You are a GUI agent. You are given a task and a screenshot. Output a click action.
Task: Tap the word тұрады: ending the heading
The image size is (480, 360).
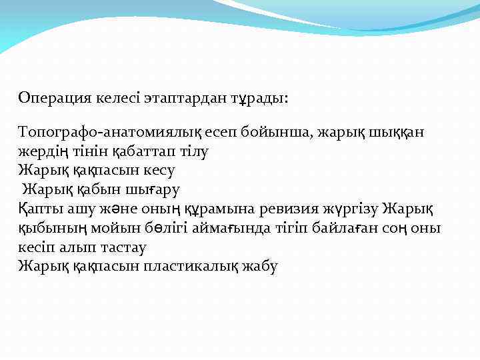click(x=257, y=98)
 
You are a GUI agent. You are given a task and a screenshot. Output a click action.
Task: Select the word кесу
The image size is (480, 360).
click(x=157, y=170)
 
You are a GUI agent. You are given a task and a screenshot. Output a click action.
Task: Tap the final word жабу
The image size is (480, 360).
click(x=259, y=267)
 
